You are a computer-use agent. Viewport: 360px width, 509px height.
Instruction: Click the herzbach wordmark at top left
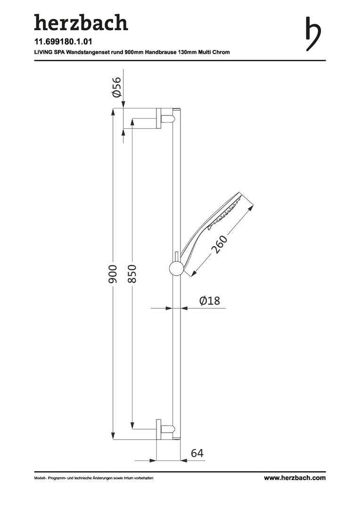point(81,23)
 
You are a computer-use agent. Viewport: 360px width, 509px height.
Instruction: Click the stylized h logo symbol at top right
point(313,34)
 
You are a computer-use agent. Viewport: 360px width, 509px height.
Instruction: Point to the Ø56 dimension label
point(116,87)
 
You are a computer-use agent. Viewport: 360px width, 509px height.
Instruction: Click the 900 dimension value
point(112,274)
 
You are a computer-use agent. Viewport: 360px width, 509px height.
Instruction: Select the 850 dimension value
point(132,274)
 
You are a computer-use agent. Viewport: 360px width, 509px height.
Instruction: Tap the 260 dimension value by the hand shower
point(220,244)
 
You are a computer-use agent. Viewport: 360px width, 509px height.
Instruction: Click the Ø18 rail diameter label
point(209,301)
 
